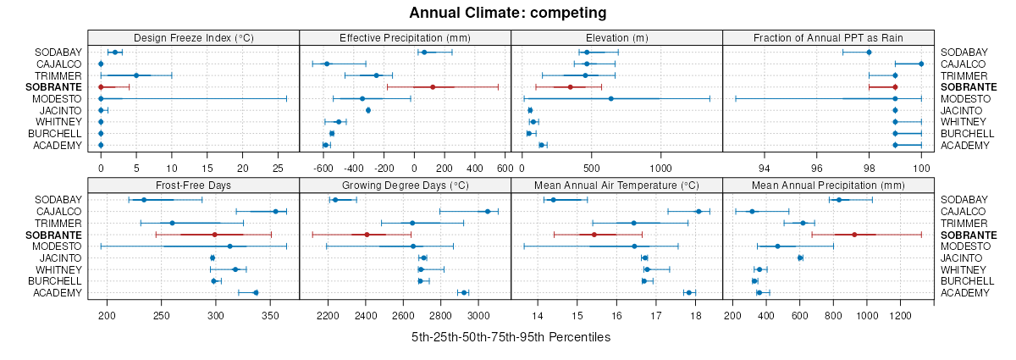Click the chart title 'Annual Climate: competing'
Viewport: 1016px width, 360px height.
point(508,13)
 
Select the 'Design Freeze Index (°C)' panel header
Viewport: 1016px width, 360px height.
point(193,37)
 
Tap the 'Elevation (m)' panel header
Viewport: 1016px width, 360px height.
point(616,37)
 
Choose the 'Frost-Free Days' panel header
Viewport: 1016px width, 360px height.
point(193,185)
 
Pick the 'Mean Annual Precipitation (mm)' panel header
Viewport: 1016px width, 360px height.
point(828,185)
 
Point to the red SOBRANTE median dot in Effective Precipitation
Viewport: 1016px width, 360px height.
point(433,87)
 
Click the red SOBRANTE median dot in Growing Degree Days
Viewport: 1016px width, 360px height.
point(367,235)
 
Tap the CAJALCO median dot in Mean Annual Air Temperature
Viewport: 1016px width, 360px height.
point(698,211)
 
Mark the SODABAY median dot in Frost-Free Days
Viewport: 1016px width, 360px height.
point(144,200)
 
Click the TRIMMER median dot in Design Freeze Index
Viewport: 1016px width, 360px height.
point(136,75)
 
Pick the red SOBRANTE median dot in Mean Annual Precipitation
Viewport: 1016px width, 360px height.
point(854,235)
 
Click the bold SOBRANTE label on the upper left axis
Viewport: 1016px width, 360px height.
point(53,87)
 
